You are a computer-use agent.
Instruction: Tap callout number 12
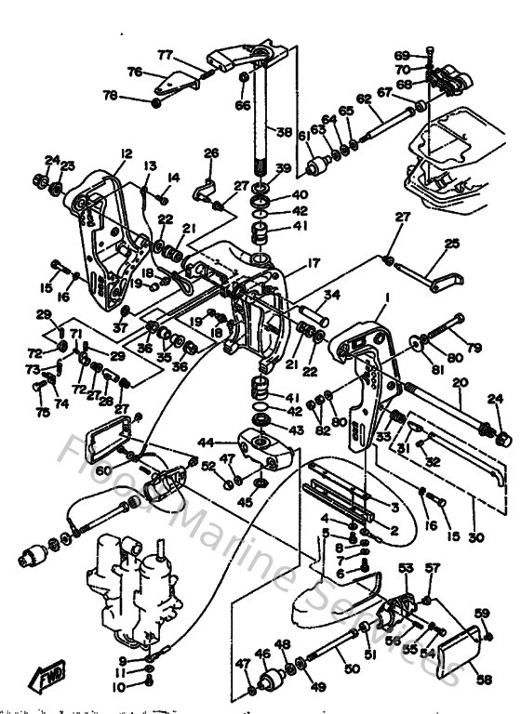127,153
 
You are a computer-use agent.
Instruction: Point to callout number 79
475,349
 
